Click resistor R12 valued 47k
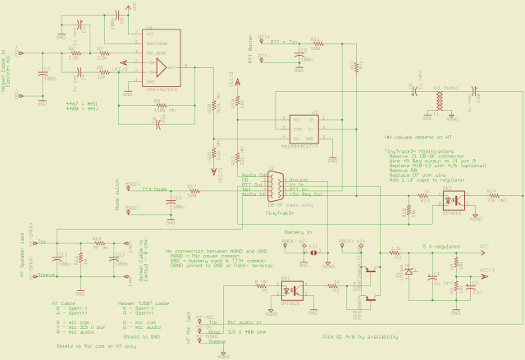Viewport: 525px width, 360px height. point(354,66)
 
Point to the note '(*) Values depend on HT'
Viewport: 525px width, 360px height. point(418,137)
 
